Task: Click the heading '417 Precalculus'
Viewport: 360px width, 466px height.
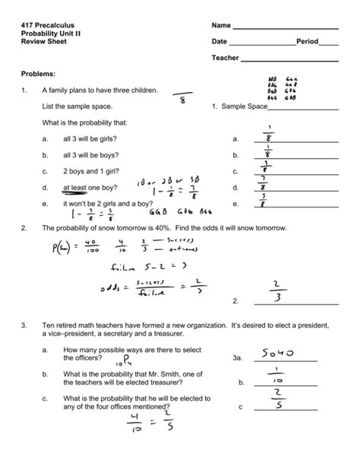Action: tap(48, 27)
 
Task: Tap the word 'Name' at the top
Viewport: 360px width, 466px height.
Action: tap(221, 27)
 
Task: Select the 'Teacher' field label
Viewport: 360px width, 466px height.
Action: tap(226, 58)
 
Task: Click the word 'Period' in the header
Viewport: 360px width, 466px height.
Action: tap(307, 42)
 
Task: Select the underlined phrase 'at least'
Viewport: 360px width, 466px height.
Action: tap(76, 187)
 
